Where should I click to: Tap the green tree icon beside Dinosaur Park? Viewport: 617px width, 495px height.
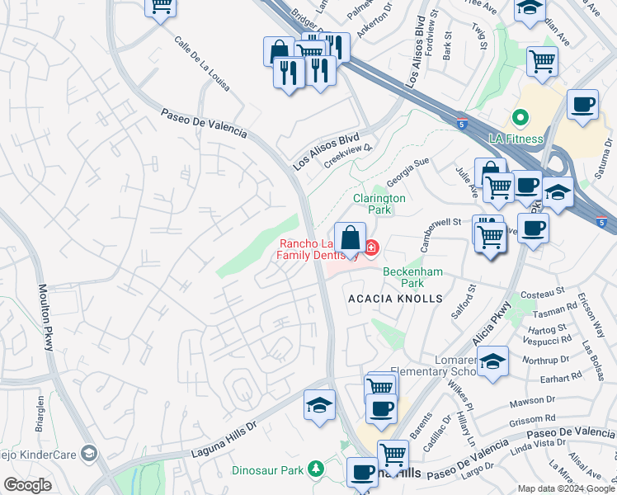313,469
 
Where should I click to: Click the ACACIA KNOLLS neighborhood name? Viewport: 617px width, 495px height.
395,298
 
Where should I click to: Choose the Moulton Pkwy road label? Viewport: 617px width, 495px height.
46,318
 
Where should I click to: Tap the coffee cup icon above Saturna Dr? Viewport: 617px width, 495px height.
583,106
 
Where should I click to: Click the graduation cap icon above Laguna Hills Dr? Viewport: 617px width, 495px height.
319,405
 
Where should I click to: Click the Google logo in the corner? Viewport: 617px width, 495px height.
27,485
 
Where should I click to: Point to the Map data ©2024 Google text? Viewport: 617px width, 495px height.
565,488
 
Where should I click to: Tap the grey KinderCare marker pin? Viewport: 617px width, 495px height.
89,452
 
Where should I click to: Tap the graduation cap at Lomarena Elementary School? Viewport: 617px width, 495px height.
492,362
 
